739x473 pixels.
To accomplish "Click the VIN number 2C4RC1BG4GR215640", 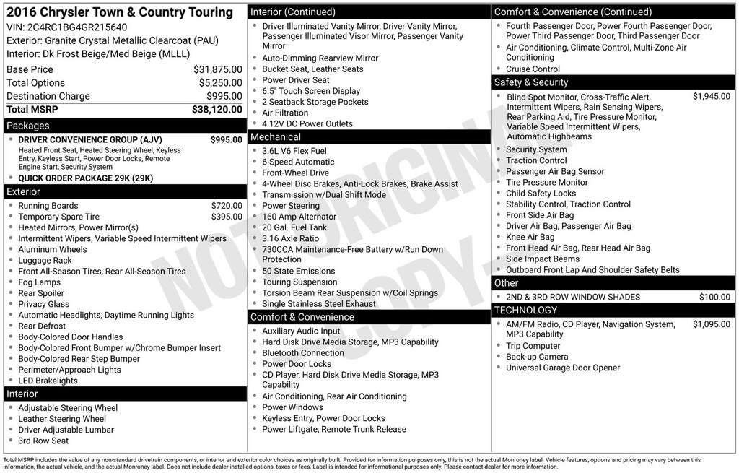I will [71, 27].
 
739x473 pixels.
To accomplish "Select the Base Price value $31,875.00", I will [217, 69].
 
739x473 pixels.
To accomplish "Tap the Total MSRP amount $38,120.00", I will [217, 110].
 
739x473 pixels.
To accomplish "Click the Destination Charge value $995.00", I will [224, 96].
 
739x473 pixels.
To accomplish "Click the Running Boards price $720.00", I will [226, 206].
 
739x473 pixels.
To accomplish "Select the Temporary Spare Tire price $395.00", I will [226, 217].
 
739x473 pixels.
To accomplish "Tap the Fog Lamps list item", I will [39, 282].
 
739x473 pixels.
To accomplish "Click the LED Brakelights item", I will [48, 381].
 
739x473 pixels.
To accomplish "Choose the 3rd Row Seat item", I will [43, 441].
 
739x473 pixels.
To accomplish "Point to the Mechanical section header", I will [275, 137].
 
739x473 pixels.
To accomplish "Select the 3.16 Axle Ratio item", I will [290, 238].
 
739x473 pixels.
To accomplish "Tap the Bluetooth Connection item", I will [303, 353].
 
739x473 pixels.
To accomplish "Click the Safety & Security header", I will [531, 82].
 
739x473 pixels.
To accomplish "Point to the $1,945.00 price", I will [711, 96].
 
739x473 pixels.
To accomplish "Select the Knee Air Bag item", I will [530, 237].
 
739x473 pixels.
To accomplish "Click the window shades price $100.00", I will [714, 297].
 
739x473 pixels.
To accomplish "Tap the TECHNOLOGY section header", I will [525, 311].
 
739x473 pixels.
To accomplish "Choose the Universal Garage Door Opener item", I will [563, 368].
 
